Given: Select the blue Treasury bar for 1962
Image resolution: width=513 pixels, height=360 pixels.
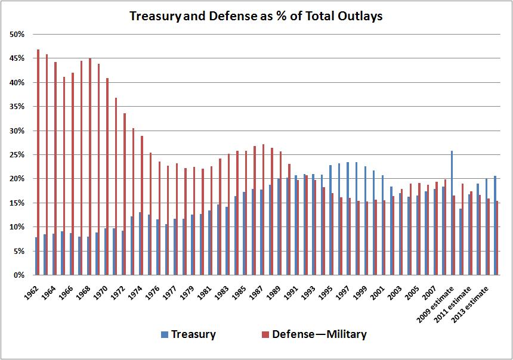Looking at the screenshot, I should [36, 256].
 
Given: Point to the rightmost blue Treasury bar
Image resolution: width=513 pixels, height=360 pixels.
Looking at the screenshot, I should [495, 225].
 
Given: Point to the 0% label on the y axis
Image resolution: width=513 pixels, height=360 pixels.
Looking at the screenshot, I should [19, 275].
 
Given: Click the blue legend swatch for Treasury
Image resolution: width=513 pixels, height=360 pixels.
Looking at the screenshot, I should [165, 334].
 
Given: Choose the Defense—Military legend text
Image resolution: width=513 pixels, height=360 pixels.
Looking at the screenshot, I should [319, 334].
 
